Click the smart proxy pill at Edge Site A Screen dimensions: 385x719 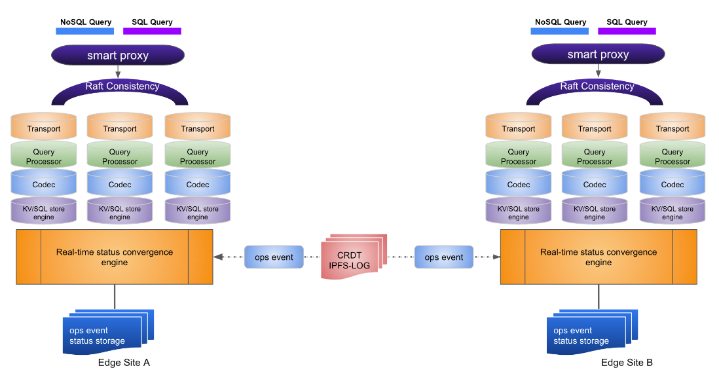pos(118,55)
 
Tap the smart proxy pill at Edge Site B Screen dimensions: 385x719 pos(598,54)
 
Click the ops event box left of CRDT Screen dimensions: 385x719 pos(274,257)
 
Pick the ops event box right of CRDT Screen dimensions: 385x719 pos(443,257)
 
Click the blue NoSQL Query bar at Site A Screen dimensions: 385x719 pos(86,31)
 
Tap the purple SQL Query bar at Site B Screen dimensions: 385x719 pos(627,31)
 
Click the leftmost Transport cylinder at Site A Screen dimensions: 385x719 pos(44,128)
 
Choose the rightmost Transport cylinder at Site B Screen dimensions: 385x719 pos(673,128)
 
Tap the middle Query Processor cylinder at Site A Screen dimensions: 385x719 pos(120,157)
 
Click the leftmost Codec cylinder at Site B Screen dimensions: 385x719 pos(519,184)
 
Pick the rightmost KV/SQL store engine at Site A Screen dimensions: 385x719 pos(198,212)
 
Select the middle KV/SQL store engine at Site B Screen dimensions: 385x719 pos(595,212)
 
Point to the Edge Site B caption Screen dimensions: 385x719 pos(627,363)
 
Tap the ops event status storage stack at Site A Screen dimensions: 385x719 pos(105,334)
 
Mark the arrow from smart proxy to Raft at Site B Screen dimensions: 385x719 pos(598,71)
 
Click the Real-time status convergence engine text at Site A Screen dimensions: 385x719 pos(115,257)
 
